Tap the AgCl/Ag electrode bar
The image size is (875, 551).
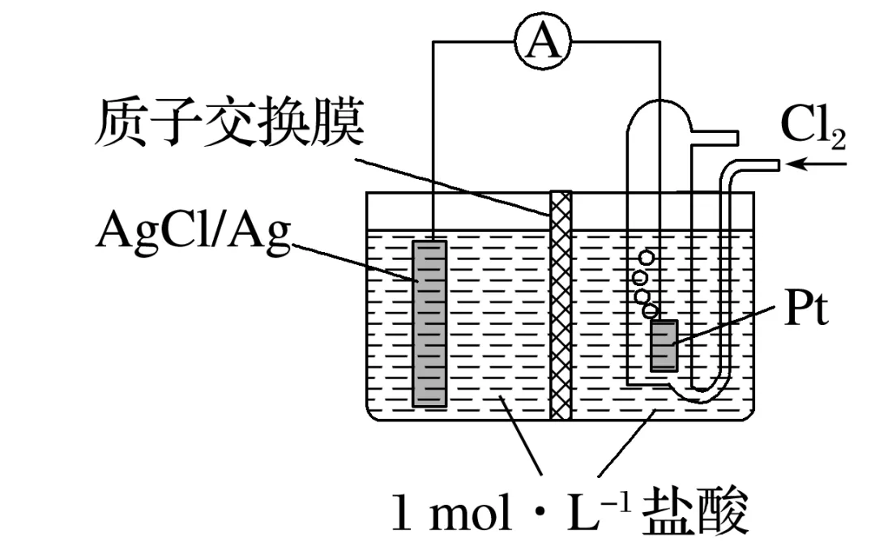pos(429,322)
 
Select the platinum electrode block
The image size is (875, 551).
pos(664,345)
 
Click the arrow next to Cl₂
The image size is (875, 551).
pos(818,164)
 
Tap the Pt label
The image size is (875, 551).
pos(806,311)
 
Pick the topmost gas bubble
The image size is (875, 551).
pos(646,258)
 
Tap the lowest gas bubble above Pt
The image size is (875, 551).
pos(650,310)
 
